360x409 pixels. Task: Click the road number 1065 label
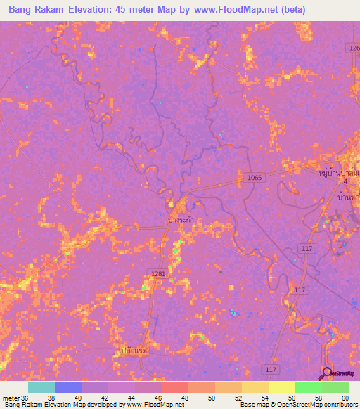click(x=255, y=178)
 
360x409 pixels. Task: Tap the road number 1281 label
click(x=157, y=274)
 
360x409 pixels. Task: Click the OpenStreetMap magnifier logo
click(x=326, y=372)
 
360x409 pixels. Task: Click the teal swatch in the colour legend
click(x=41, y=387)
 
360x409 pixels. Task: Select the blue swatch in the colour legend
click(x=68, y=387)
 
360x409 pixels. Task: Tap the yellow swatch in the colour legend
click(x=281, y=387)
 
